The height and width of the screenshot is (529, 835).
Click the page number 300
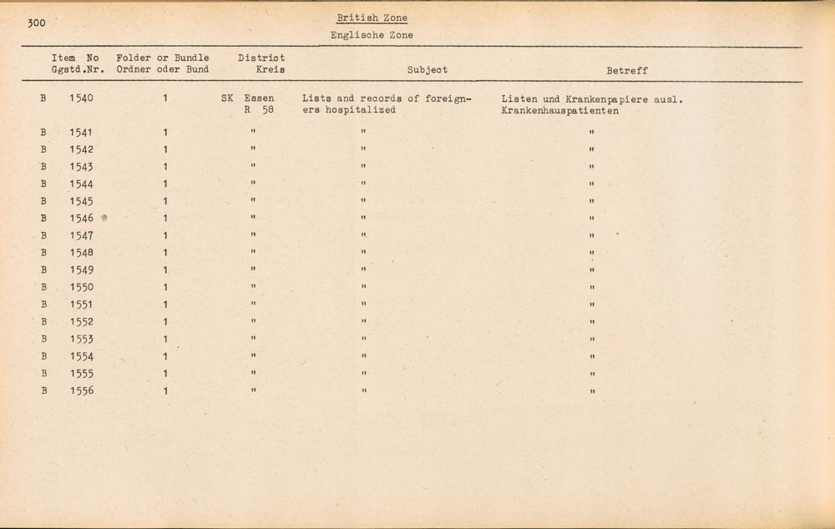tap(36, 23)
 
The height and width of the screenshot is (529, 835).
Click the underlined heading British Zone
tap(372, 18)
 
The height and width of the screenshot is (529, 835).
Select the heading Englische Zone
tap(372, 35)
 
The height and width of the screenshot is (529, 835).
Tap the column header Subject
tap(427, 70)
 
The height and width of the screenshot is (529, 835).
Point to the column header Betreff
tap(627, 71)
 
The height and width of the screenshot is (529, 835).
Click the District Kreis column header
tap(261, 63)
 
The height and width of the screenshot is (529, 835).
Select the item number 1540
tap(82, 98)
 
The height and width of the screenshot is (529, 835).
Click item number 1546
tap(82, 219)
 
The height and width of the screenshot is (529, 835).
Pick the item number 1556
tap(82, 390)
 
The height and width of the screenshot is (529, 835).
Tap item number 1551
tap(82, 305)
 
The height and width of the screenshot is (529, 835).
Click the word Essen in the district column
tap(259, 98)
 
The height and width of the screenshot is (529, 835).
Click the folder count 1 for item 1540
tap(165, 98)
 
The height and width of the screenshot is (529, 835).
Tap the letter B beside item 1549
tap(43, 270)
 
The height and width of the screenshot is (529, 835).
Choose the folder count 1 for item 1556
tap(165, 390)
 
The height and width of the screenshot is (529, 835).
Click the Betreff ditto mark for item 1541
tap(590, 133)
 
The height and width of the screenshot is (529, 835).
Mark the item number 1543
tap(82, 167)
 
